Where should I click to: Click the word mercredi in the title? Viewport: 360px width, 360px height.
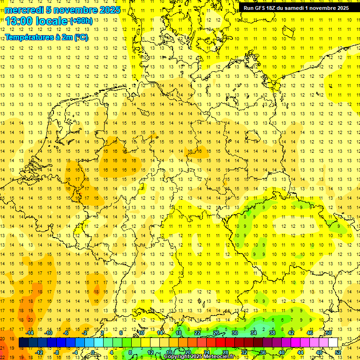[x=24, y=10]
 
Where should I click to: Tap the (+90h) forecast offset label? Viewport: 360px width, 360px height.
[x=81, y=21]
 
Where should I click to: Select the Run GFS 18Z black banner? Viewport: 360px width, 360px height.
[x=296, y=8]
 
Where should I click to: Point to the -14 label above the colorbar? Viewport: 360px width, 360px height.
[x=30, y=333]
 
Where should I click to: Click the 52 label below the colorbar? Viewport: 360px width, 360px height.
[x=338, y=352]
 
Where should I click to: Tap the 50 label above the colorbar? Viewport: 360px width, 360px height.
[x=329, y=333]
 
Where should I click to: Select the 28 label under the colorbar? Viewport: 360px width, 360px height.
[x=225, y=352]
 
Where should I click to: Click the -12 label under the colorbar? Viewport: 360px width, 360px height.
[x=39, y=352]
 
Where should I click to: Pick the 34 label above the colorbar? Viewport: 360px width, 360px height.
[x=254, y=333]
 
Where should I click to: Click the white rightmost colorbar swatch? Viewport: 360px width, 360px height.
[x=333, y=343]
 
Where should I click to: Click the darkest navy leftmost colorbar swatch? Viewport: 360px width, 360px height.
[x=23, y=343]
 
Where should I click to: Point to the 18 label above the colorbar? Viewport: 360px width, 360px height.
[x=178, y=333]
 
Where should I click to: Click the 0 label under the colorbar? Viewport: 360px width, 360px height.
[x=93, y=352]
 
